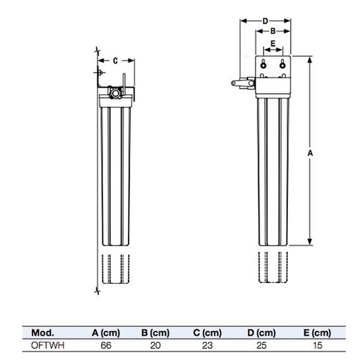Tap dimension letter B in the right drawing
pyautogui.click(x=273, y=32)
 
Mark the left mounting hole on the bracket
pyautogui.click(x=264, y=65)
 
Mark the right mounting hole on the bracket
pyautogui.click(x=282, y=65)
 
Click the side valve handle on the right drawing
pyautogui.click(x=240, y=83)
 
